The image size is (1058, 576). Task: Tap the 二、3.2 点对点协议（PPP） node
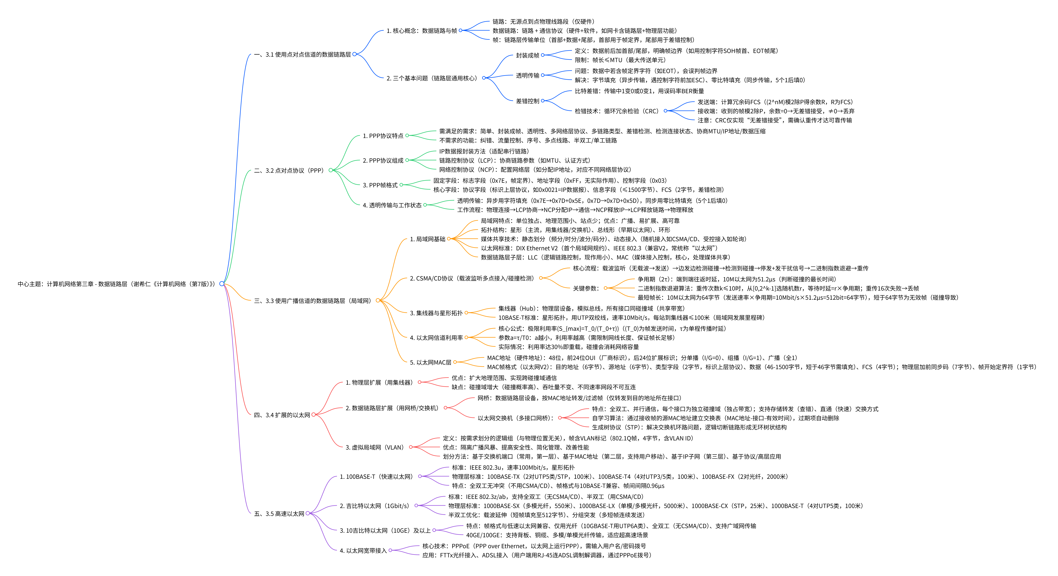[x=289, y=170]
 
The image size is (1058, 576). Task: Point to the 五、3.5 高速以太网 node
[x=279, y=514]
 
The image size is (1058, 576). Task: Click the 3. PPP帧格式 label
[x=380, y=185]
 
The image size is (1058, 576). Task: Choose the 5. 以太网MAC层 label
[x=431, y=362]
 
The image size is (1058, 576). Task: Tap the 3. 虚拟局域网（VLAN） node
[x=375, y=447]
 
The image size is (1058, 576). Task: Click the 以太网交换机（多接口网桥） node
[x=515, y=418]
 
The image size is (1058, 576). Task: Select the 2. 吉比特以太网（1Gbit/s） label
[x=374, y=506]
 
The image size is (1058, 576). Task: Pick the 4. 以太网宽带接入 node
[x=363, y=551]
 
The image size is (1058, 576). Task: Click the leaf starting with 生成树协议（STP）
[x=689, y=427]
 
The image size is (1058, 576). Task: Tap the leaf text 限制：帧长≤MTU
[x=620, y=60]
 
